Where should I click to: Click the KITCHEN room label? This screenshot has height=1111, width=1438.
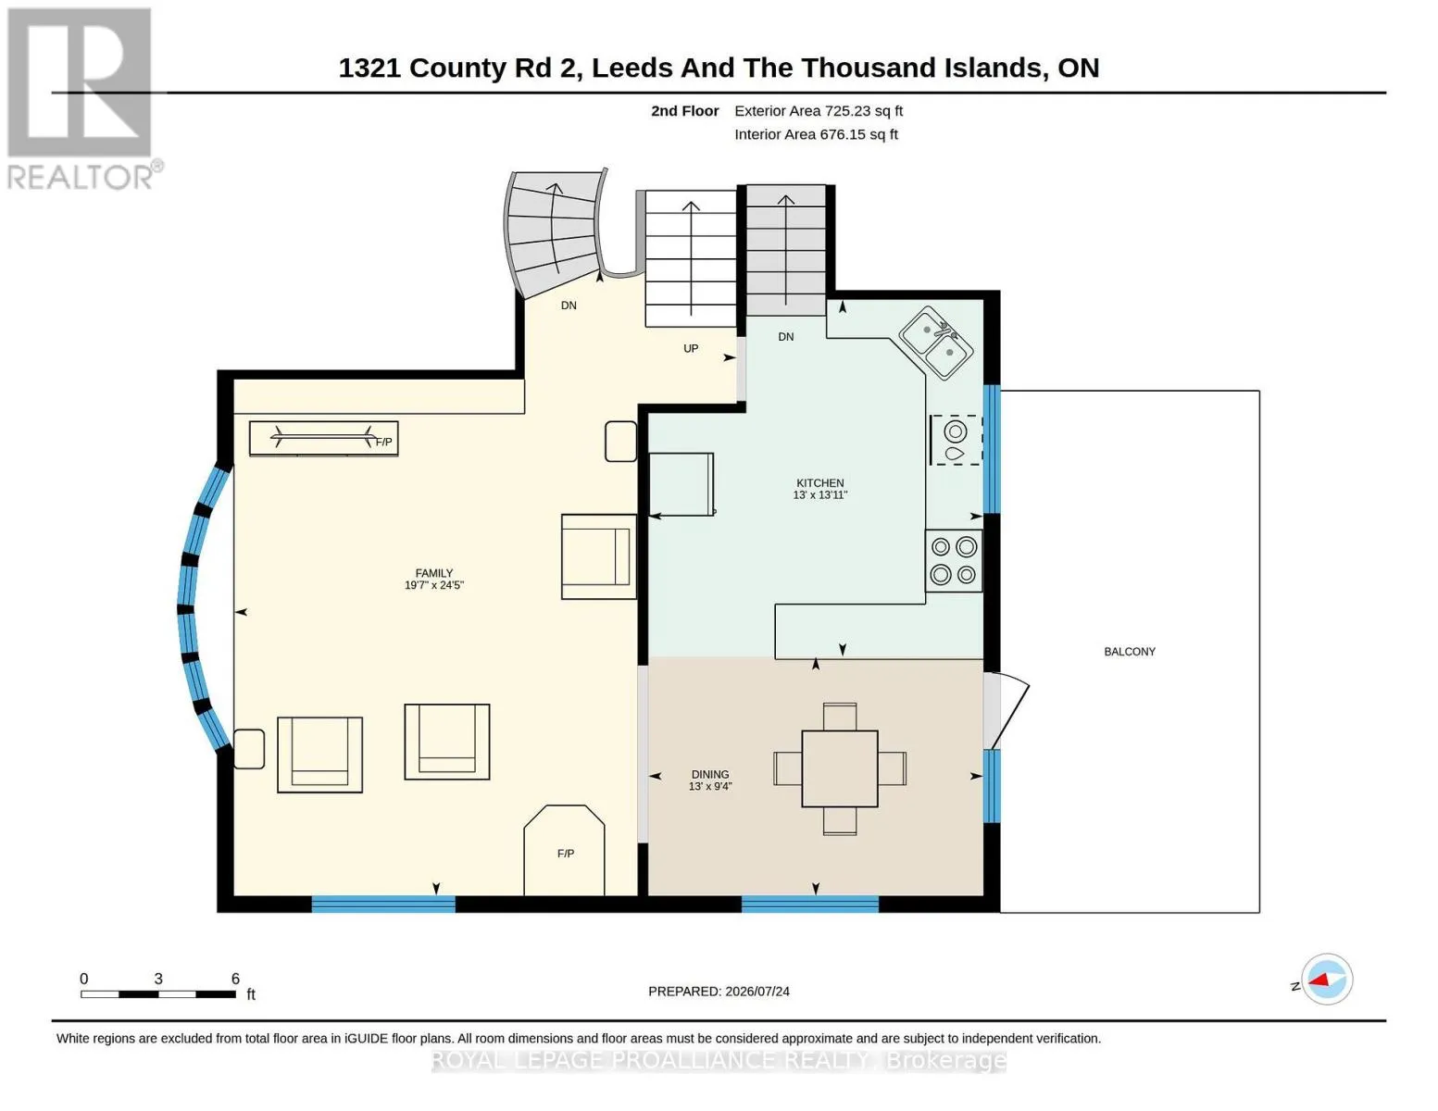click(819, 483)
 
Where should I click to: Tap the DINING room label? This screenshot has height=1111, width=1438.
click(710, 774)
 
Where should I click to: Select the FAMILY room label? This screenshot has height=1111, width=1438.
click(434, 573)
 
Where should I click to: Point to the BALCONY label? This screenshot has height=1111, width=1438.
click(1130, 652)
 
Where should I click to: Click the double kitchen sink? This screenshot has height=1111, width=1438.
click(936, 343)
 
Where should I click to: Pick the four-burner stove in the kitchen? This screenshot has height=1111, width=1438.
click(954, 560)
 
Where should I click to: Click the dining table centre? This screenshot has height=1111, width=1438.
click(840, 768)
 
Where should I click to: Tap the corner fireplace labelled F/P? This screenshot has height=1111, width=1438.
click(564, 850)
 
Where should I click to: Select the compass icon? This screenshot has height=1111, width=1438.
click(1327, 980)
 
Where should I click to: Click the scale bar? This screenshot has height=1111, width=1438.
click(158, 994)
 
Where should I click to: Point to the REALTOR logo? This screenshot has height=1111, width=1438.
click(81, 99)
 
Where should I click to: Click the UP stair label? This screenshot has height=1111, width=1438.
click(691, 349)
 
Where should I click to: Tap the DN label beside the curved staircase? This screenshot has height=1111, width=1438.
click(569, 306)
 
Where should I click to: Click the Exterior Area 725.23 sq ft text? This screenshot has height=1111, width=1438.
click(819, 111)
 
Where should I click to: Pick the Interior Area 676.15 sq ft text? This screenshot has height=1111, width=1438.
click(816, 134)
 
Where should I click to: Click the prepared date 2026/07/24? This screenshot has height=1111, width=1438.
click(757, 992)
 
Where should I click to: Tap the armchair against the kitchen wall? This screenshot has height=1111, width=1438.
click(599, 556)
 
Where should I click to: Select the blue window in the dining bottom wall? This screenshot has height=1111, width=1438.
click(810, 905)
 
